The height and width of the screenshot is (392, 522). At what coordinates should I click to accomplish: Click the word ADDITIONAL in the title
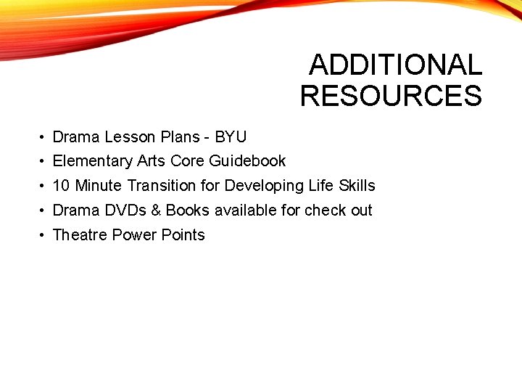(395, 65)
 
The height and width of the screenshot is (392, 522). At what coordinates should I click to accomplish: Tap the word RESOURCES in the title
(391, 96)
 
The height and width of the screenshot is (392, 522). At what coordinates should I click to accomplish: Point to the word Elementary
(93, 161)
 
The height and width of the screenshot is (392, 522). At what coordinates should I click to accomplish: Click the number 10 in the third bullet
(61, 186)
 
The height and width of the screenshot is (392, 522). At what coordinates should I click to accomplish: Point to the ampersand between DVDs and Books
(157, 211)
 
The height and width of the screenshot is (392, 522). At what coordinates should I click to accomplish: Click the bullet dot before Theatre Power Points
(44, 236)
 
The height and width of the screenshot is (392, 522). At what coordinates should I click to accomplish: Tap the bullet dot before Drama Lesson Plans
(44, 137)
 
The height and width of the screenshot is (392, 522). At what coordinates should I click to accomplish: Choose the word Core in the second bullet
(187, 161)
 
